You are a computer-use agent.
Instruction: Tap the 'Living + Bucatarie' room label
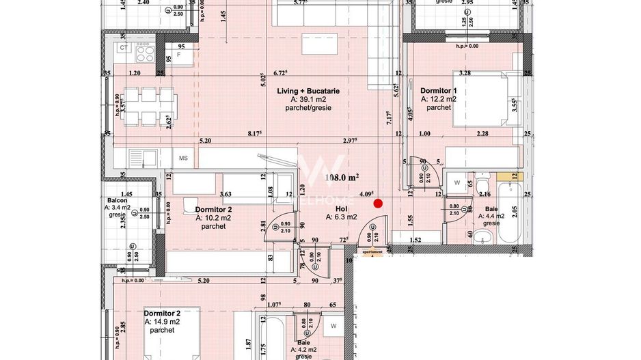tap(308, 91)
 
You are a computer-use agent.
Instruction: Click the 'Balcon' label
tap(116, 200)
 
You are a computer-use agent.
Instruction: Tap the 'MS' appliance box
tap(183, 158)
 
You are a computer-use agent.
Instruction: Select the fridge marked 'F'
tap(179, 53)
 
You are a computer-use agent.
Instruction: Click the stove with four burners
tap(145, 51)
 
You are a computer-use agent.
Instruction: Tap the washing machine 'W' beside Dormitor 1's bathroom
tap(456, 182)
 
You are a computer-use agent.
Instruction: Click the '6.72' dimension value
tap(279, 72)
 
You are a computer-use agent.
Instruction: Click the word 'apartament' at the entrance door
tap(372, 251)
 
